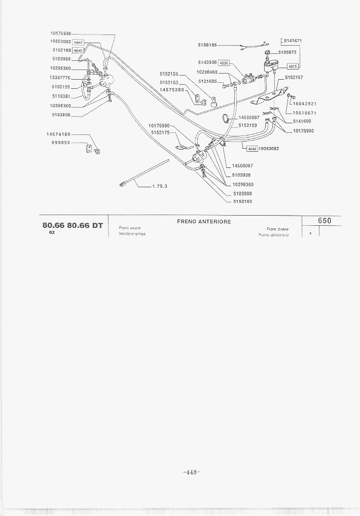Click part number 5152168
click(61, 50)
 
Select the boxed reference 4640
click(78, 51)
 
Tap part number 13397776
click(60, 78)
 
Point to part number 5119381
click(61, 96)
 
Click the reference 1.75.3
click(159, 186)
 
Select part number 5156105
click(208, 45)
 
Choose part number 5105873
click(287, 52)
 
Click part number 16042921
click(305, 104)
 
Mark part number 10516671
click(305, 113)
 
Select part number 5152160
click(242, 201)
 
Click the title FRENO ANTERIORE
click(204, 222)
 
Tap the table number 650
click(325, 221)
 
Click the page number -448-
click(192, 472)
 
